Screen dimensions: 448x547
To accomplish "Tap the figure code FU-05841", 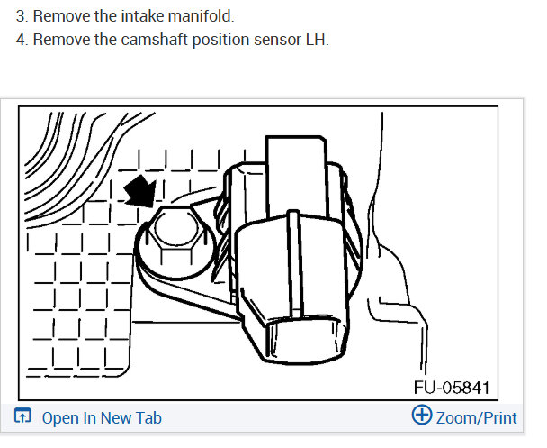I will pos(451,388).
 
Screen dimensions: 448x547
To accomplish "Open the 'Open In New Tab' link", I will pos(102,417).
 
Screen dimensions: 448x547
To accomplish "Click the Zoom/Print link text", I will pos(476,417).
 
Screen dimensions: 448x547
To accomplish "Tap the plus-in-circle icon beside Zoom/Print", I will pos(421,416).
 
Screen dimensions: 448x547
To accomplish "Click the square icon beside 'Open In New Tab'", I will pos(23,417).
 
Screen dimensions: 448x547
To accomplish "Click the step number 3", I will pos(20,17).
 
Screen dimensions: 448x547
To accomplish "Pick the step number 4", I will pos(20,41).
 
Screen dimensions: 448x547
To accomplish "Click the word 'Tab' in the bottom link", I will pos(148,417).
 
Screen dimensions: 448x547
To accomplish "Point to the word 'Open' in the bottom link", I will pos(59,417).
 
